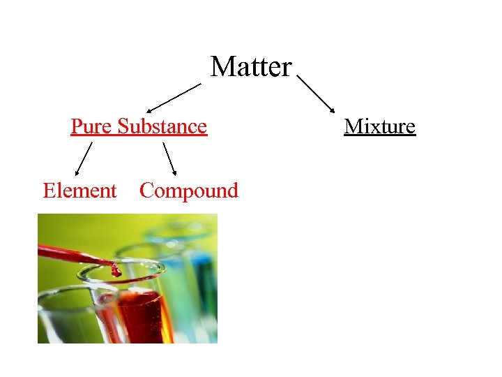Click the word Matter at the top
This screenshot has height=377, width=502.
coord(251,67)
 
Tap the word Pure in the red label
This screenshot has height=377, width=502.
coord(92,126)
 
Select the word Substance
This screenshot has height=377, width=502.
coord(162,126)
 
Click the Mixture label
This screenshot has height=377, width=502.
coord(380,126)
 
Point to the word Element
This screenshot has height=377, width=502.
coord(79,191)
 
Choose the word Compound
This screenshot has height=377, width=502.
coord(189,191)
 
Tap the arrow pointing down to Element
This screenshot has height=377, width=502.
coord(83,158)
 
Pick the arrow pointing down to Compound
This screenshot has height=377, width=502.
coord(169,158)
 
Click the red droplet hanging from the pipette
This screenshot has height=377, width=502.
coord(116,270)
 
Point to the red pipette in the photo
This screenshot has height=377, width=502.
coord(70,253)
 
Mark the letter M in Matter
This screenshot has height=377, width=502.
coord(221,67)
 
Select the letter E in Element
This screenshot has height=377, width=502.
coord(50,191)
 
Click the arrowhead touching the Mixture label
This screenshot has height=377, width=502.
coord(332,110)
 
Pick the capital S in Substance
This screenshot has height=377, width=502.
coord(123,126)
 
